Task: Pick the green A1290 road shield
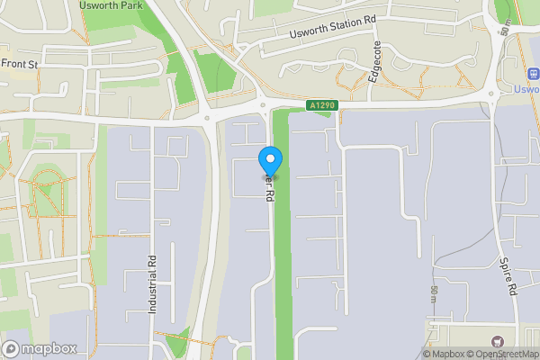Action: coord(321,105)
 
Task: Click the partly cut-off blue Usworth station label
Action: coord(526,90)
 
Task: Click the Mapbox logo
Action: coord(40,348)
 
